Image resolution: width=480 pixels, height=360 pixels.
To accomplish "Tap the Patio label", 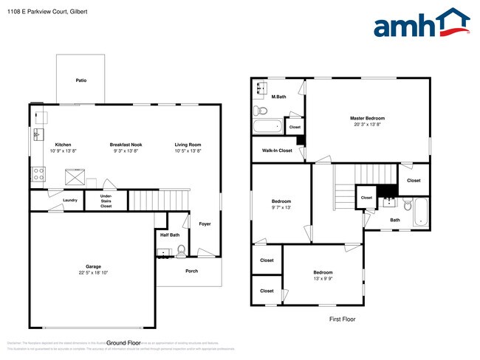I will pyautogui.click(x=80, y=80).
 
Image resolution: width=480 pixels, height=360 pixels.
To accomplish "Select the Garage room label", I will pyautogui.click(x=93, y=266).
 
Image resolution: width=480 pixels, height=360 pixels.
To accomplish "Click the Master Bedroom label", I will pyautogui.click(x=367, y=118).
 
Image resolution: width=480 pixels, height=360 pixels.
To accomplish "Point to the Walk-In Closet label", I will pyautogui.click(x=277, y=150).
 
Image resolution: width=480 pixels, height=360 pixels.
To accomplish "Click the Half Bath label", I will pyautogui.click(x=170, y=235).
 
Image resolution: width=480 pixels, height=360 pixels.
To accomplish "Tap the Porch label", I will pyautogui.click(x=191, y=271).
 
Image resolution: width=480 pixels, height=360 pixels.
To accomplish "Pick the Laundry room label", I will pyautogui.click(x=70, y=200).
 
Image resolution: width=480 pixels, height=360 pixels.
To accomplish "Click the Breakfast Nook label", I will pyautogui.click(x=126, y=145).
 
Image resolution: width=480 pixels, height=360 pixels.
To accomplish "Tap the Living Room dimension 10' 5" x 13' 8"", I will pyautogui.click(x=188, y=150).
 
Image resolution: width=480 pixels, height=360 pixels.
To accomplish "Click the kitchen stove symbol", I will pyautogui.click(x=37, y=175).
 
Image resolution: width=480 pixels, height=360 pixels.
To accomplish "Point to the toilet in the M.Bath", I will pyautogui.click(x=259, y=111).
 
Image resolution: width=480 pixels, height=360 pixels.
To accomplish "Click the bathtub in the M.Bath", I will pyautogui.click(x=268, y=126).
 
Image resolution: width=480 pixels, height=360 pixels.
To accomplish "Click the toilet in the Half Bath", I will pyautogui.click(x=180, y=251).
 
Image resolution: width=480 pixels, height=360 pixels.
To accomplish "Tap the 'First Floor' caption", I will pyautogui.click(x=342, y=319).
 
